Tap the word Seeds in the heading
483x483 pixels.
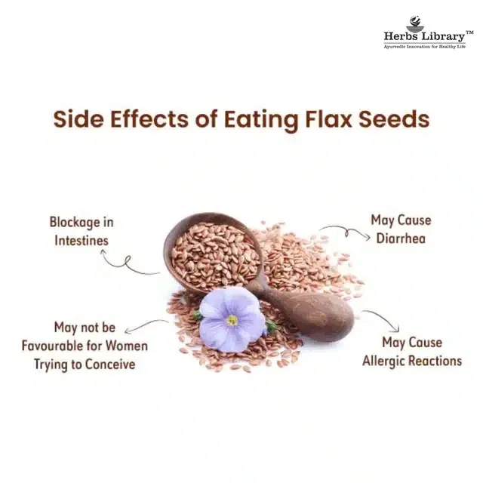(395, 119)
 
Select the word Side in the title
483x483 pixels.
(78, 119)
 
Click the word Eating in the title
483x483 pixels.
(254, 119)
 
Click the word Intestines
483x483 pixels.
(81, 241)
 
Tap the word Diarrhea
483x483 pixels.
(400, 238)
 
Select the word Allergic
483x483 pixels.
(386, 361)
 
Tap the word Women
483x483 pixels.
(128, 346)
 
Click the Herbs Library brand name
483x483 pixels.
(423, 36)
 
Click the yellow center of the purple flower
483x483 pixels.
(232, 320)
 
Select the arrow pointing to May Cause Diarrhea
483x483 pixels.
(343, 230)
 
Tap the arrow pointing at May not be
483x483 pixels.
(147, 325)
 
